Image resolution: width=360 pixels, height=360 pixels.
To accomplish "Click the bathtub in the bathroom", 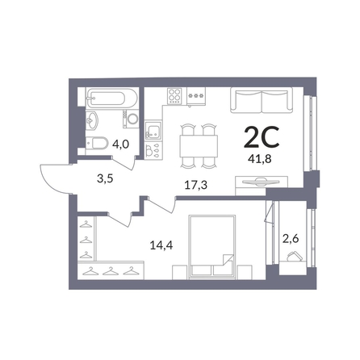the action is (111, 98).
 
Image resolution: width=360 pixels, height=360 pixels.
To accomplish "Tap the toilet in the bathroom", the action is (97, 143).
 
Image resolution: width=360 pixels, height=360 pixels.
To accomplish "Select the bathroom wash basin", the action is (92, 120).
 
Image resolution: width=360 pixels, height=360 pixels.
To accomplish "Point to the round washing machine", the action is (132, 119).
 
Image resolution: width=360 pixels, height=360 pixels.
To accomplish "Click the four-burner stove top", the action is (174, 96).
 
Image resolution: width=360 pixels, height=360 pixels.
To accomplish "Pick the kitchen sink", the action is (153, 130).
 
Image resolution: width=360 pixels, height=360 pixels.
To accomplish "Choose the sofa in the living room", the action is (262, 100).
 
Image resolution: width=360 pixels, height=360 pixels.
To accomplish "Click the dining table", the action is (199, 146).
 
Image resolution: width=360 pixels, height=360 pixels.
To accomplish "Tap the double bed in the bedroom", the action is (212, 246).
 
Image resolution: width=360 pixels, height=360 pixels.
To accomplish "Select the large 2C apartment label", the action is (262, 137).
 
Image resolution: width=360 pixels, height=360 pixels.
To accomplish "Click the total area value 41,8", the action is (260, 159).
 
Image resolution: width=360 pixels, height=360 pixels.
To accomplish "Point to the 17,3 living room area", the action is (196, 185).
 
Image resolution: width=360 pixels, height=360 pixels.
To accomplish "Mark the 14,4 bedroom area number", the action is (161, 245).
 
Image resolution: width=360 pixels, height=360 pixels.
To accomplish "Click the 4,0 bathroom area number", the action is (121, 144).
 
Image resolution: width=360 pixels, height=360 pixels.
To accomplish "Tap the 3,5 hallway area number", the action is (105, 179).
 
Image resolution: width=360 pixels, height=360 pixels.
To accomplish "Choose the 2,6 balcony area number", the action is (291, 238).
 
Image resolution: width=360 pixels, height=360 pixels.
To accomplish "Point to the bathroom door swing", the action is (125, 163).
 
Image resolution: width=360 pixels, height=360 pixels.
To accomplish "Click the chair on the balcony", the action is (293, 256).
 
